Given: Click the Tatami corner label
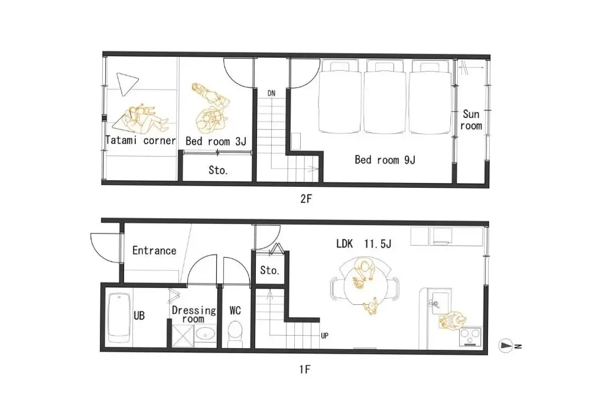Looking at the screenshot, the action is [141, 141].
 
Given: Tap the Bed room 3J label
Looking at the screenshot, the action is [216, 141].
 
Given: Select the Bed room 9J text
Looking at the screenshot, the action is [385, 160].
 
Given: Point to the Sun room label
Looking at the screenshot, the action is [471, 120].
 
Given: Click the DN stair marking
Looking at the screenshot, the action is [271, 93].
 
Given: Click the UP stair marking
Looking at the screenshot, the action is [324, 336].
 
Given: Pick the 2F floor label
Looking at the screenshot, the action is [306, 199].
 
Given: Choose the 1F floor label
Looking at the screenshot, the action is [305, 369].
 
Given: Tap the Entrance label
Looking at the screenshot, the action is [154, 251].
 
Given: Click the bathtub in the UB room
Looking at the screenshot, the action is [119, 317].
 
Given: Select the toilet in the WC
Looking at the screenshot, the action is [235, 333].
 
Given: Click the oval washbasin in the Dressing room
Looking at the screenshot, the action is [205, 334].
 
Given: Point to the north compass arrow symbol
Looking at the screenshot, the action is [506, 346].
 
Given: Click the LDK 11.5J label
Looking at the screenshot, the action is [363, 244].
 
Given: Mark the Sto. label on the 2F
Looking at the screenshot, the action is [218, 170].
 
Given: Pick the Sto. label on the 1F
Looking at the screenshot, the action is [269, 270].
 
